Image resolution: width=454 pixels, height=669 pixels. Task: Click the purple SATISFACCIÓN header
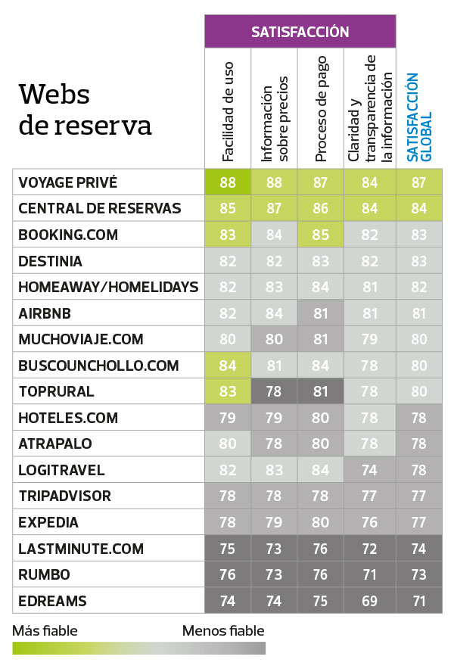pyautogui.click(x=300, y=32)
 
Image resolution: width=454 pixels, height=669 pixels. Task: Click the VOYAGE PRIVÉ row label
pyautogui.click(x=68, y=182)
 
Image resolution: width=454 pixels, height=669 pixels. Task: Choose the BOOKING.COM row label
pyautogui.click(x=68, y=235)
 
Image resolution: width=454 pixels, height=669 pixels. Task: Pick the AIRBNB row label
pyautogui.click(x=46, y=313)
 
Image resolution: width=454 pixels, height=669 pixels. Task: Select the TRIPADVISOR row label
pyautogui.click(x=64, y=496)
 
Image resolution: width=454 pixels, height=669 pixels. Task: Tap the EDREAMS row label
pyautogui.click(x=52, y=601)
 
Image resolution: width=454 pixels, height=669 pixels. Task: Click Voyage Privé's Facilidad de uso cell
pyautogui.click(x=228, y=182)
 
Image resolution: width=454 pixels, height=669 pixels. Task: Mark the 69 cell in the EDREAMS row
pyautogui.click(x=369, y=601)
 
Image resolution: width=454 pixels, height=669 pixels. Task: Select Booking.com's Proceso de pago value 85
pyautogui.click(x=321, y=235)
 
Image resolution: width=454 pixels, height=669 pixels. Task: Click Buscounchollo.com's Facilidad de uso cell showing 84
pyautogui.click(x=228, y=366)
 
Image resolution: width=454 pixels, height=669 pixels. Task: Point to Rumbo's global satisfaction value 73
pyautogui.click(x=418, y=575)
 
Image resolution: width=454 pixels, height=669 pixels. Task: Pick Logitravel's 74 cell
pyautogui.click(x=369, y=470)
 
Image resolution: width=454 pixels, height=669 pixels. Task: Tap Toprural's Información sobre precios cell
pyautogui.click(x=275, y=392)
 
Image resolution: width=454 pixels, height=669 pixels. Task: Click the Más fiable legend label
pyautogui.click(x=45, y=630)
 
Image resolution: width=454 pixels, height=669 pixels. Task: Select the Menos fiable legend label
pyautogui.click(x=223, y=630)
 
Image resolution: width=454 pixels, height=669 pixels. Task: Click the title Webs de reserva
pyautogui.click(x=85, y=109)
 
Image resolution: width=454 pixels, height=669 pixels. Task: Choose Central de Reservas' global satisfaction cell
pyautogui.click(x=418, y=208)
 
